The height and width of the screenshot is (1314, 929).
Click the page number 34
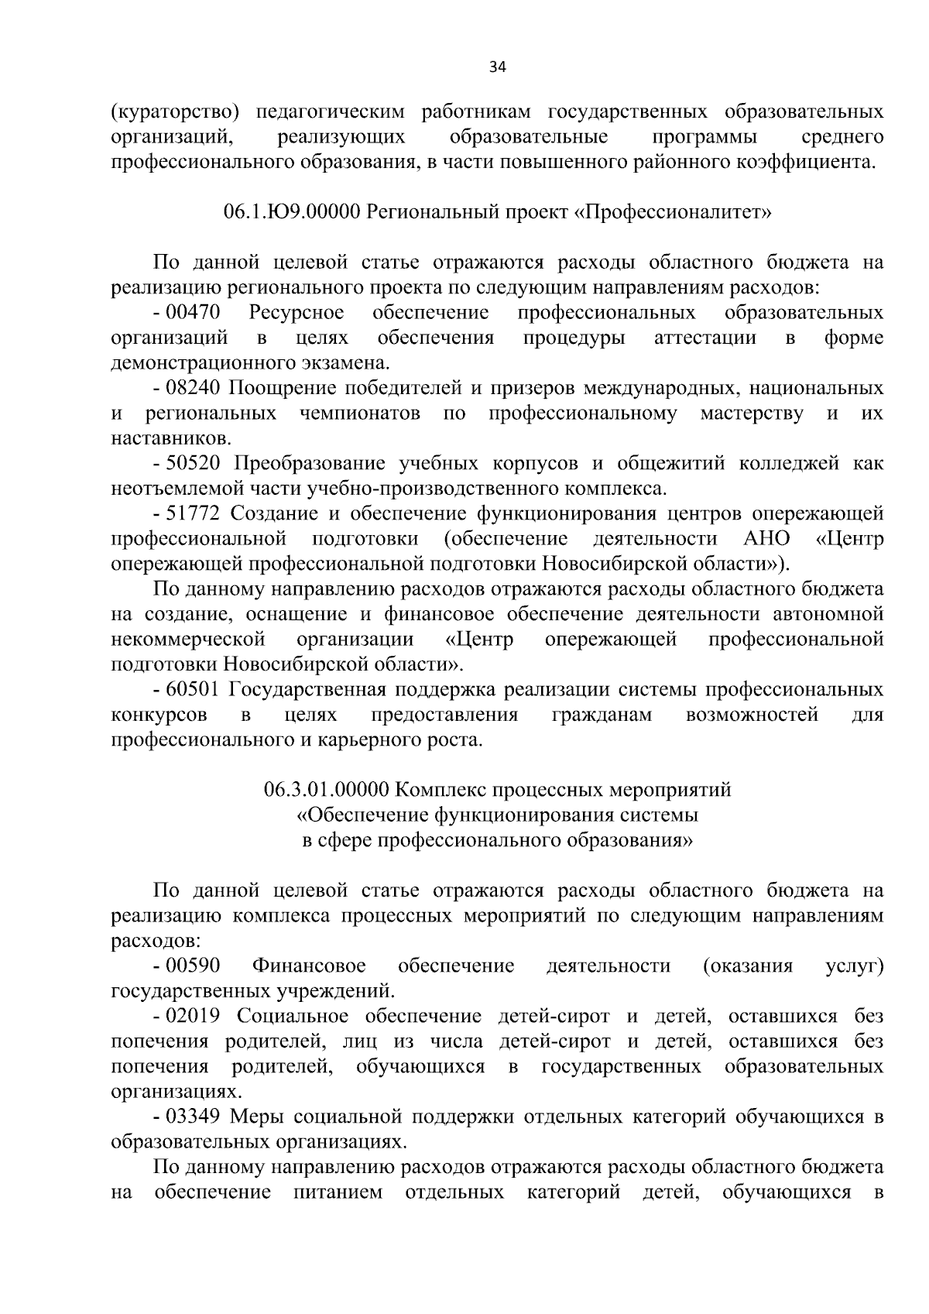497,67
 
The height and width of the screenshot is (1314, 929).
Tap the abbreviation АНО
760,538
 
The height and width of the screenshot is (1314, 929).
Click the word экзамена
345,363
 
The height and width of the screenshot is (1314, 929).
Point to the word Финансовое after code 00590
309,966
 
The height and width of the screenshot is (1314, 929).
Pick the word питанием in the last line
338,1192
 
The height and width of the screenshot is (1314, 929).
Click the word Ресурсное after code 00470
297,313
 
